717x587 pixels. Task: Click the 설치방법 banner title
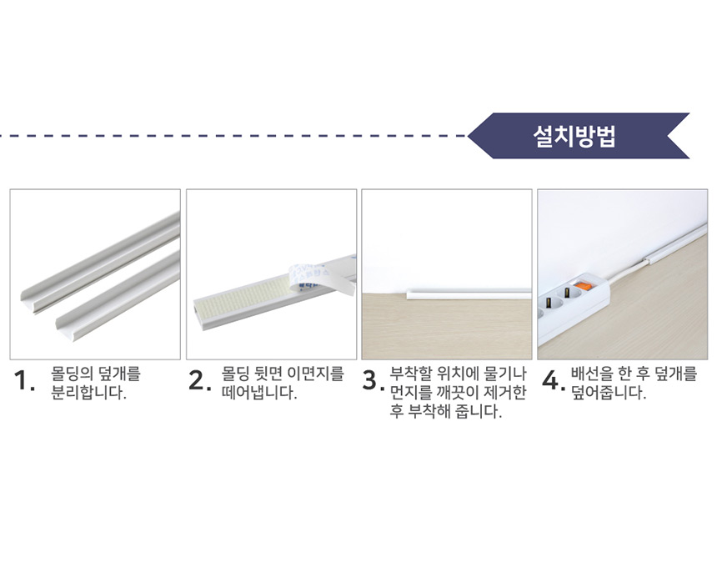[574, 136]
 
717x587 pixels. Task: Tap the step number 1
[24, 381]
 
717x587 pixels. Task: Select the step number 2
[200, 381]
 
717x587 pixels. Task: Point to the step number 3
[374, 381]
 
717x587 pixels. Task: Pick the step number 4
[554, 381]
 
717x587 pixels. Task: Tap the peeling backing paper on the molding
[321, 277]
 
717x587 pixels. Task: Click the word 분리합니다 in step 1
[88, 393]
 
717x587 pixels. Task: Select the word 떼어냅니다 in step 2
[259, 393]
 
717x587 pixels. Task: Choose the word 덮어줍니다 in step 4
[609, 393]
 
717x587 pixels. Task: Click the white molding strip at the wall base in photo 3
[469, 293]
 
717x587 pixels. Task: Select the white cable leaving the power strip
[629, 270]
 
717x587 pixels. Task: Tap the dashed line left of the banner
[233, 136]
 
